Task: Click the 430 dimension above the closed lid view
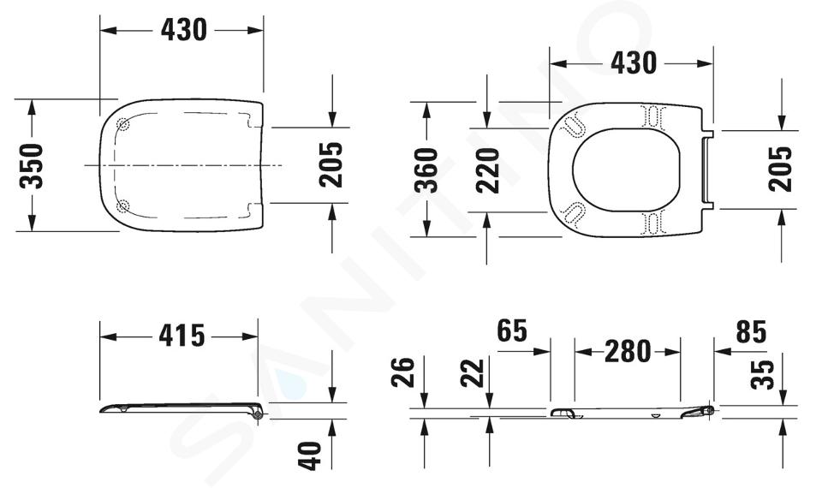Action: tap(183, 30)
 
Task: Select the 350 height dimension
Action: tap(31, 165)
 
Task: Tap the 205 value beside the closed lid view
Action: tap(331, 164)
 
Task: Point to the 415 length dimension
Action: tap(182, 336)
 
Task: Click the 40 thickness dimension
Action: tap(309, 455)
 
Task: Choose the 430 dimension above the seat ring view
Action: tap(634, 62)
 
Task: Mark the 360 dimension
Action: tap(426, 170)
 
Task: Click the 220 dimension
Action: tap(487, 170)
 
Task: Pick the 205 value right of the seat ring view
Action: tap(780, 169)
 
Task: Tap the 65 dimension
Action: tap(512, 330)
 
